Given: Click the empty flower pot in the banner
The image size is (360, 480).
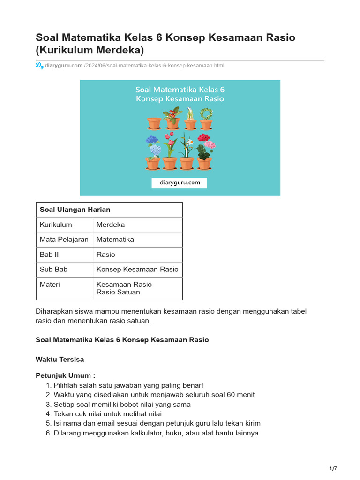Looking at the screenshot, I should [154, 123].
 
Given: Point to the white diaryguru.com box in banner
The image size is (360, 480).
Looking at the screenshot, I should [179, 183].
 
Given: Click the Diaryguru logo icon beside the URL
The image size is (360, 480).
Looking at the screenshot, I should [39, 65].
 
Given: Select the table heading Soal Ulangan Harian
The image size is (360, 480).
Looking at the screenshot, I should [75, 210].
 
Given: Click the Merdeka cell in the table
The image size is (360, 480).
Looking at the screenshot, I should [111, 225].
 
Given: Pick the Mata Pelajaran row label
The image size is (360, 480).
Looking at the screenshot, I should [64, 240].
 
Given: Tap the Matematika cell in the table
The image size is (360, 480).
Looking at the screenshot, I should [115, 240].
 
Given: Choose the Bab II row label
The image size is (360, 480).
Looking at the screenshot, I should [49, 255].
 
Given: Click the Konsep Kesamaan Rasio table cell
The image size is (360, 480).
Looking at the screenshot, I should [137, 270].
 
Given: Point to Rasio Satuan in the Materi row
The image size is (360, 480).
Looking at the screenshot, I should [118, 292].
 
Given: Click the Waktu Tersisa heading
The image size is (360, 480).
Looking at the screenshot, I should [60, 360].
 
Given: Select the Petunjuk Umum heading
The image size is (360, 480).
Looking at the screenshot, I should [65, 376].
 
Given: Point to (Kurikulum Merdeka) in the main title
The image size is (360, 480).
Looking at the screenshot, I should [90, 50].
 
